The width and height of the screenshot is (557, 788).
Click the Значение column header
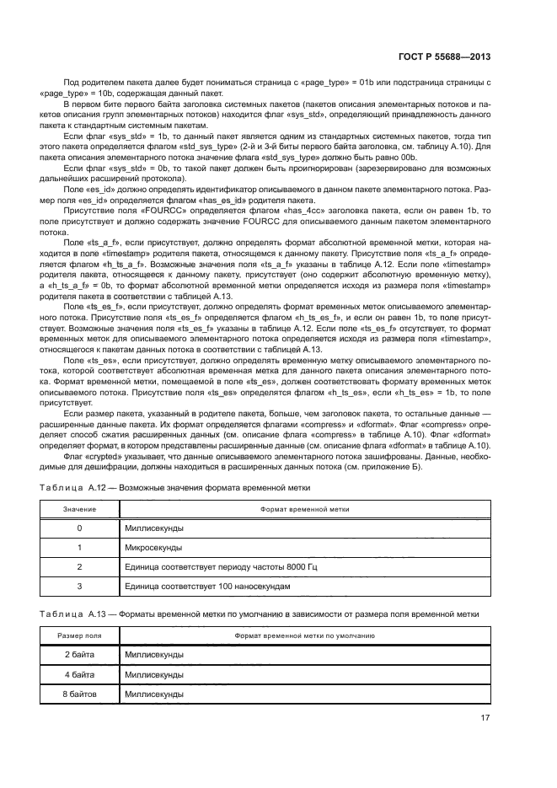coord(79,510)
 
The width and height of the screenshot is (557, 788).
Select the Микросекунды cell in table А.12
coord(153,547)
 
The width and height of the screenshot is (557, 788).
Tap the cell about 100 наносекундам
coord(206,586)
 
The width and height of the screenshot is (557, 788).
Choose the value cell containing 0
coord(79,528)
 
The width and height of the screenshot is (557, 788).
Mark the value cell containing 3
coord(79,586)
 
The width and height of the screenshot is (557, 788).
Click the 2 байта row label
coord(79,654)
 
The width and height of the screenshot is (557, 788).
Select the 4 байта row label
coord(79,674)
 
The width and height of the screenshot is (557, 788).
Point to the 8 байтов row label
coord(79,694)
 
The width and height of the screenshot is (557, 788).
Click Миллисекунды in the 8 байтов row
coord(153,694)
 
